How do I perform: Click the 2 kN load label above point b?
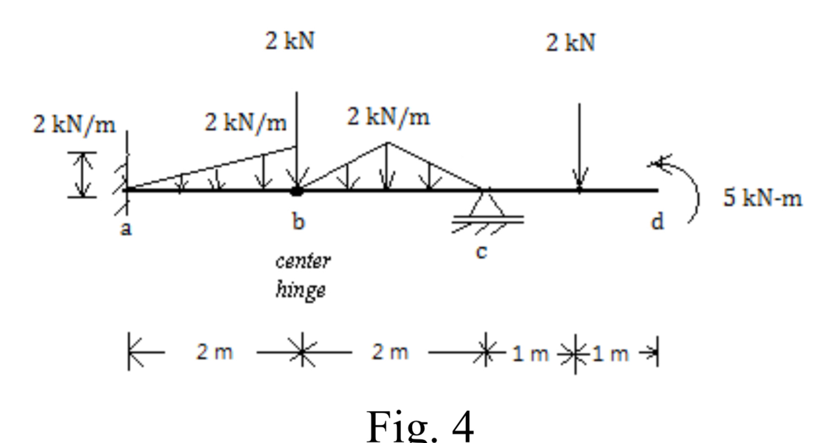(290, 41)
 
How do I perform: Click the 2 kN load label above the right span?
(571, 42)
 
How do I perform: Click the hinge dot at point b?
(297, 191)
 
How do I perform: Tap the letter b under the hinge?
(298, 222)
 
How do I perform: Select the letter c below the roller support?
(481, 252)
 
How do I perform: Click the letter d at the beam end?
(656, 222)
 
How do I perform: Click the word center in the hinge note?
(303, 261)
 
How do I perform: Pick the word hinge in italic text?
(300, 290)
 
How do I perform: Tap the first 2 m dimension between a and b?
(214, 351)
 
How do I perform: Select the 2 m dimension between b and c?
(390, 351)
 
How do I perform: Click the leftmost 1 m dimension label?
(529, 354)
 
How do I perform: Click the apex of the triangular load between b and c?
(388, 143)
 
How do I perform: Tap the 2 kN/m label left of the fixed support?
(75, 125)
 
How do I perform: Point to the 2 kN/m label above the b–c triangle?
(388, 117)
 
